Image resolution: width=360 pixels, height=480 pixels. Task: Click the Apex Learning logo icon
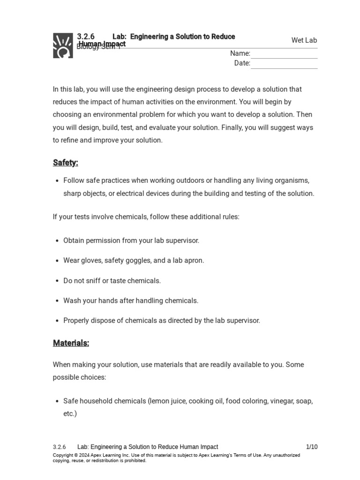click(63, 45)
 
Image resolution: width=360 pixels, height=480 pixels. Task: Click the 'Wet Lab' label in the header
click(304, 40)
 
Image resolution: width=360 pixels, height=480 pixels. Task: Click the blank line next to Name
click(284, 54)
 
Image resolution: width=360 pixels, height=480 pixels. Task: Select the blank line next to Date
click(284, 64)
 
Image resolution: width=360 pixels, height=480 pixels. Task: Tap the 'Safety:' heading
click(66, 163)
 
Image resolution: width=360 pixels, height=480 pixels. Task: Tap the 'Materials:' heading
click(71, 343)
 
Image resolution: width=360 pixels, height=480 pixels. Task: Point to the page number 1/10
click(312, 447)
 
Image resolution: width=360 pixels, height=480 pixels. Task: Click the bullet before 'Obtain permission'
click(57, 241)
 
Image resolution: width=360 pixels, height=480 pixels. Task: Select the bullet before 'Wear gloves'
click(57, 261)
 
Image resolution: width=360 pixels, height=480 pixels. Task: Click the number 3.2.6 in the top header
click(86, 37)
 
